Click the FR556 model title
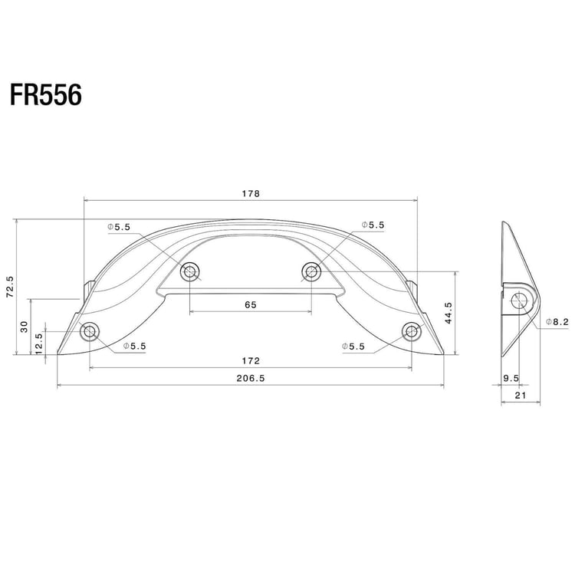(46, 96)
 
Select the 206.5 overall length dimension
(251, 379)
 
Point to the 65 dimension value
(251, 304)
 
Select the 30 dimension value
(25, 327)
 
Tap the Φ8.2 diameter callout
(556, 322)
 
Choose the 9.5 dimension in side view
(511, 378)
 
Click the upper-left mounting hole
(189, 271)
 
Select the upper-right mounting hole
(311, 271)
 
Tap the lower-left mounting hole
(90, 332)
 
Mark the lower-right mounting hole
(412, 332)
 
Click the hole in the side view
(520, 301)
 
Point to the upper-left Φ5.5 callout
(120, 227)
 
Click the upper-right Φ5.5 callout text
(373, 225)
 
